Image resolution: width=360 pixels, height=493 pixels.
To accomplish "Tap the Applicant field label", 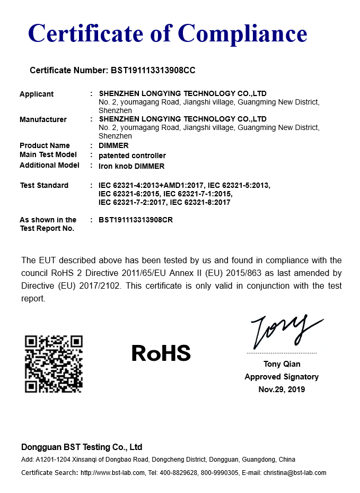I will click(37, 94).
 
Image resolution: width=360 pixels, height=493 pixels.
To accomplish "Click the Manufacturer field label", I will click(43, 119).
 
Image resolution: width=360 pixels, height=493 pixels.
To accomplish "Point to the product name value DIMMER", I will click(113, 145).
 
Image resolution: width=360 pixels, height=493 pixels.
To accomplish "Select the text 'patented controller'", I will click(132, 155).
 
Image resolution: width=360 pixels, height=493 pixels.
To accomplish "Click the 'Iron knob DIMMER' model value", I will click(131, 166).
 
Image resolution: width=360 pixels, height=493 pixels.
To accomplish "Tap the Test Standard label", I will click(44, 185).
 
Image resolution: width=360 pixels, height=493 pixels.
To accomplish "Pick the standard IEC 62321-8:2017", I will click(200, 202).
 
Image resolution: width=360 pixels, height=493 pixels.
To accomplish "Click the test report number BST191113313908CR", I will click(136, 220).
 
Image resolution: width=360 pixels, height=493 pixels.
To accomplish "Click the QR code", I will click(54, 364).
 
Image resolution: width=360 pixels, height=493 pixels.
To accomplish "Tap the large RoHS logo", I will click(161, 353).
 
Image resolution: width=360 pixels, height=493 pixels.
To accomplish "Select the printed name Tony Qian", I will click(282, 364).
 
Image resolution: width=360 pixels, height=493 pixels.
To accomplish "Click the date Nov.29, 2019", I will click(282, 390).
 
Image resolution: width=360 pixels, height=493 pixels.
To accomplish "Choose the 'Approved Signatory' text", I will click(282, 377).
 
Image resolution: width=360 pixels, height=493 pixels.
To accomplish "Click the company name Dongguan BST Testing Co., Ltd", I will click(82, 447).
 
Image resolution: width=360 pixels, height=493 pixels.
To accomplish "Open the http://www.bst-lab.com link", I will click(112, 473).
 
